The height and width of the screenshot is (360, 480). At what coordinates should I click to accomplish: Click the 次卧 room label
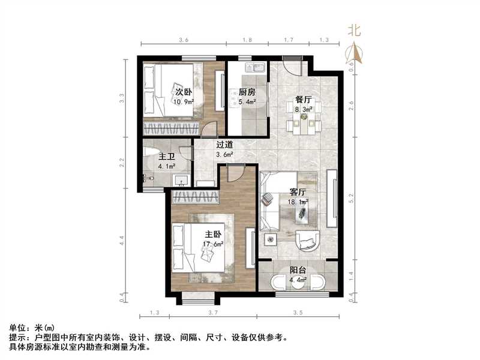[x=183, y=92]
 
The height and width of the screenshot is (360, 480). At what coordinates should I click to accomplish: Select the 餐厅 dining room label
[x=302, y=100]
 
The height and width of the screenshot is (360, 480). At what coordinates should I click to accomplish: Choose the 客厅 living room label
[x=298, y=192]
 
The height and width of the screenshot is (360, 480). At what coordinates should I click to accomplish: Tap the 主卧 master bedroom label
[x=212, y=235]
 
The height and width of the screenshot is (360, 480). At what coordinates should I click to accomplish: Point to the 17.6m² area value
[x=213, y=244]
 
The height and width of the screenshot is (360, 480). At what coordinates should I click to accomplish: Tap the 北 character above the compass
[x=354, y=29]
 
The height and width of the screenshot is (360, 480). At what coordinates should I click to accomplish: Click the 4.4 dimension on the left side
[x=122, y=241]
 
